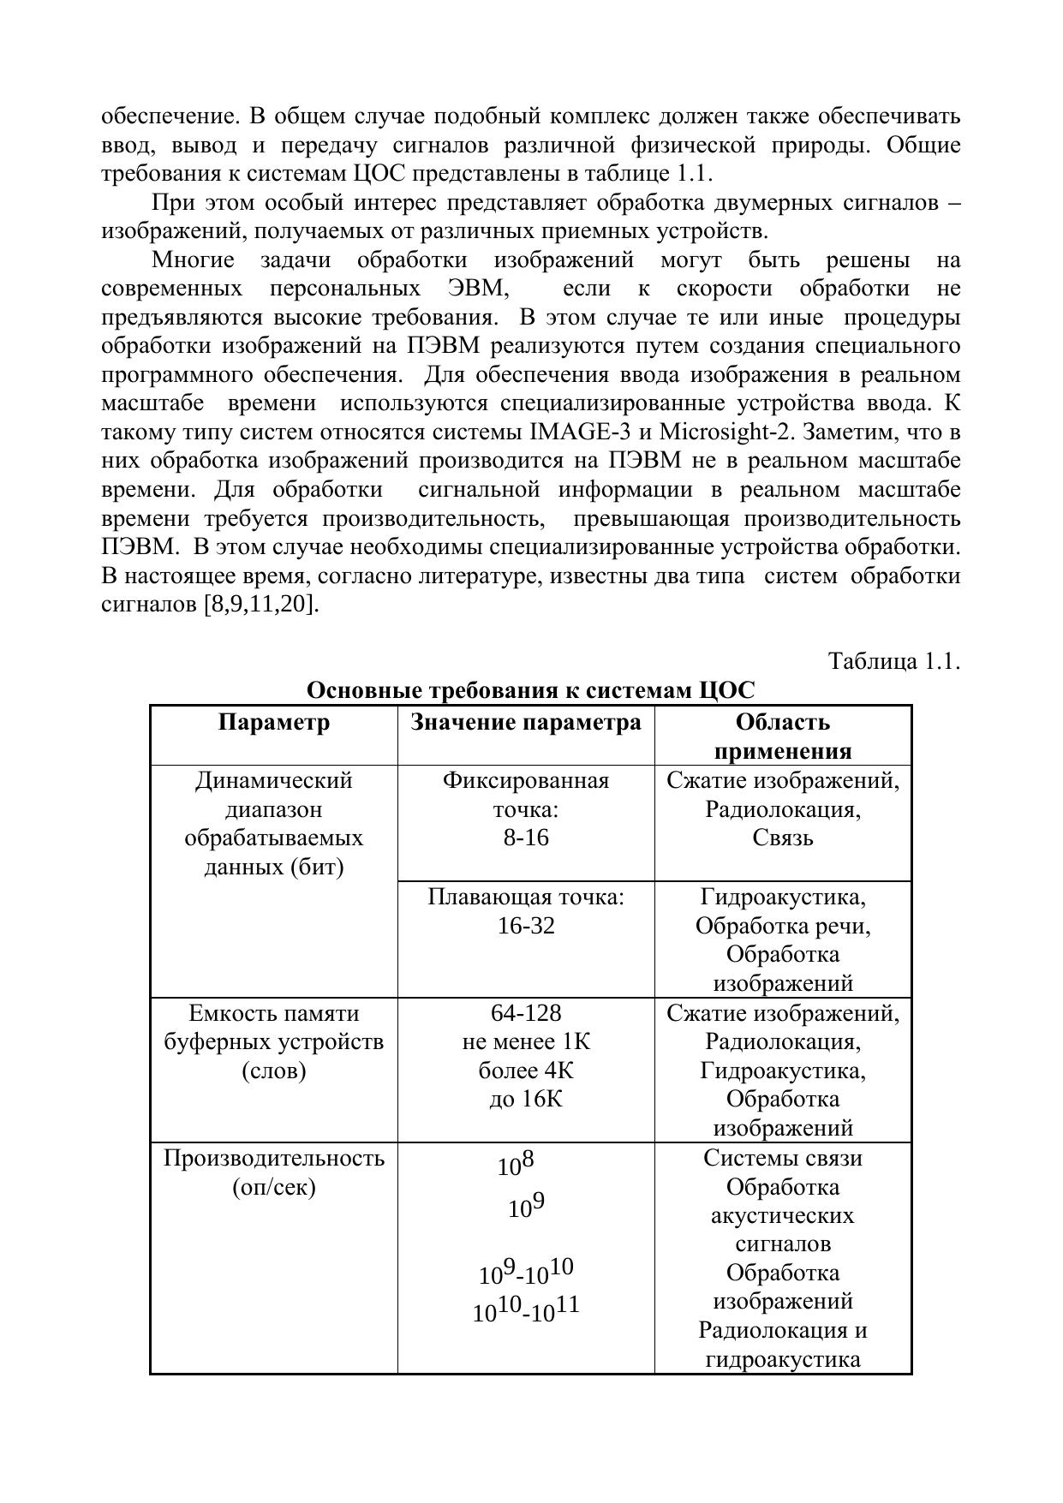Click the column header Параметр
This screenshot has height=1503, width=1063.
coord(273,723)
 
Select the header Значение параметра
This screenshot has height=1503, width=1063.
coord(525,723)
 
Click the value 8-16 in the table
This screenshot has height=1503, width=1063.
coord(525,838)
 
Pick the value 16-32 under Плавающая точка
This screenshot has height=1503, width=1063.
coord(526,926)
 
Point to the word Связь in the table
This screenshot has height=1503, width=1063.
coord(782,838)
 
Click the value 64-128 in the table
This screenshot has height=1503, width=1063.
coord(526,1013)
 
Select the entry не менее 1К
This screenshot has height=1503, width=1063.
coord(526,1041)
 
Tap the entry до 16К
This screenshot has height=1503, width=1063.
coord(526,1099)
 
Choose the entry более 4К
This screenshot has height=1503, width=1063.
coord(526,1071)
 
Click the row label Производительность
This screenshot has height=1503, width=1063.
coord(273,1159)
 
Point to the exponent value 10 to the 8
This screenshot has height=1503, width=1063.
coord(516,1164)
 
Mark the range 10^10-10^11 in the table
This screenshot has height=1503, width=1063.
coord(526,1309)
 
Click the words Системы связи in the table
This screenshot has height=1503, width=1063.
coord(782,1159)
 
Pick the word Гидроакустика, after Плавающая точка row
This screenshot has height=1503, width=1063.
coord(782,897)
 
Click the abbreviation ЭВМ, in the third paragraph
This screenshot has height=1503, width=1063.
coord(478,289)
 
